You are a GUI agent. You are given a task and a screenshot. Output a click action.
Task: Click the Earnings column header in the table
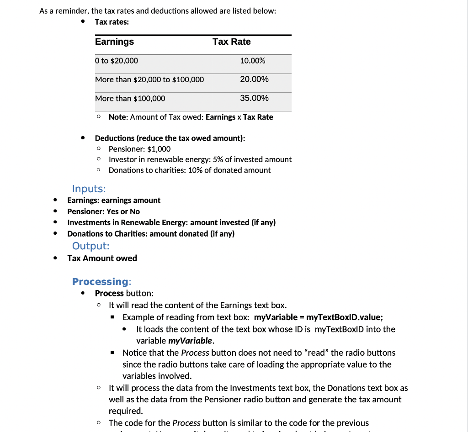(114, 42)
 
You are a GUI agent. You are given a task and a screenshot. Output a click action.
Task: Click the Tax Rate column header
(231, 42)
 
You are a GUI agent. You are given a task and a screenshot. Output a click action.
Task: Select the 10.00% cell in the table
(252, 61)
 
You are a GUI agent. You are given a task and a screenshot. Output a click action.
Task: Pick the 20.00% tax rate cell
(254, 79)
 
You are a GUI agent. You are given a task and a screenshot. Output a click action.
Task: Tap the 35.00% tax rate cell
(254, 98)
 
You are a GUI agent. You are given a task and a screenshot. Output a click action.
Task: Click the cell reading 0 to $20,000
(117, 61)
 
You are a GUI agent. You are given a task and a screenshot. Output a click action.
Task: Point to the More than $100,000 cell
(130, 98)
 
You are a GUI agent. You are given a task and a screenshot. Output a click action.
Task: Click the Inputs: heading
(89, 189)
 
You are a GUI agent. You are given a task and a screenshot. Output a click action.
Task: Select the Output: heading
(90, 246)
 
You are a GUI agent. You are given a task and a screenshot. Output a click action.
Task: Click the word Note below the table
(117, 117)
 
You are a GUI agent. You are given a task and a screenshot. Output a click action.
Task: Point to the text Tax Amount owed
(102, 258)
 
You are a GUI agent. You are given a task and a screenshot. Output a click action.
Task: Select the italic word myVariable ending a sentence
(190, 341)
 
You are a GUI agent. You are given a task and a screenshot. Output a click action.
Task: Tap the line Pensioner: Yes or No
(103, 211)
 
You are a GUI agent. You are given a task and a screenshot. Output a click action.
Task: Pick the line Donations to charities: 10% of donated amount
(189, 170)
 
